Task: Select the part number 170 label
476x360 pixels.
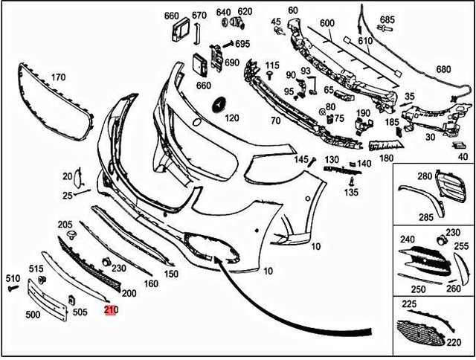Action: (58, 76)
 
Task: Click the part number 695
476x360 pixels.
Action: (242, 45)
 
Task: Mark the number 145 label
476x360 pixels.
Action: (300, 160)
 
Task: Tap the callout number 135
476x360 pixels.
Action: (330, 192)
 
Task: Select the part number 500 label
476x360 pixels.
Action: (33, 315)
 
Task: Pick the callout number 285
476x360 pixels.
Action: (425, 217)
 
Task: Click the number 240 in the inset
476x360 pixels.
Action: (408, 240)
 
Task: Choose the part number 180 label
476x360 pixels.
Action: (386, 158)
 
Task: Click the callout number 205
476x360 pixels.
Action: (65, 225)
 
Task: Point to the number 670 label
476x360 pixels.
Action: (199, 16)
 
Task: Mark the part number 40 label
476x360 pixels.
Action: (463, 157)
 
